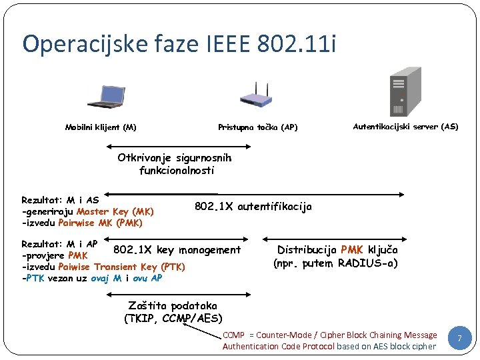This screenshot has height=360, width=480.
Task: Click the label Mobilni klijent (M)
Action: (x=101, y=127)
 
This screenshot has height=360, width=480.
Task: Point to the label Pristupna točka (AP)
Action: (x=257, y=127)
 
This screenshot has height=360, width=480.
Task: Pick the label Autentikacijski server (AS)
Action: (x=405, y=126)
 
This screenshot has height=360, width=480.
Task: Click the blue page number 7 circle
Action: (x=459, y=339)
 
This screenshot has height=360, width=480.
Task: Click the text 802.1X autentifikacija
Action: (x=253, y=207)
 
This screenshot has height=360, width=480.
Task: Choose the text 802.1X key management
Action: (x=177, y=250)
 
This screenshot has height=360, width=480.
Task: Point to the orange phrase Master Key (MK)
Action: (x=115, y=211)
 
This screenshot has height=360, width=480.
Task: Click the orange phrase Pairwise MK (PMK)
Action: (x=101, y=223)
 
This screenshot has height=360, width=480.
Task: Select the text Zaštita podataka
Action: (x=173, y=306)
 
